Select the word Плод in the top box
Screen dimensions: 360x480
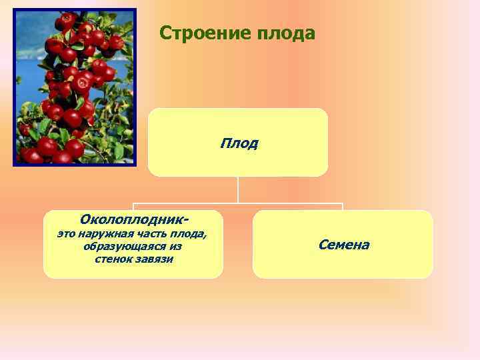(x=239, y=143)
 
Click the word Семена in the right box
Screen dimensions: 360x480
(x=343, y=245)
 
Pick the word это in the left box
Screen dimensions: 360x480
(x=66, y=234)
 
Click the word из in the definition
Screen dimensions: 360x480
(x=175, y=247)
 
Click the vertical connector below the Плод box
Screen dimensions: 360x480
(x=238, y=189)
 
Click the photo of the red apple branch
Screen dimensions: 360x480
(x=74, y=87)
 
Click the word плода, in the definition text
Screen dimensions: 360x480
(x=190, y=234)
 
